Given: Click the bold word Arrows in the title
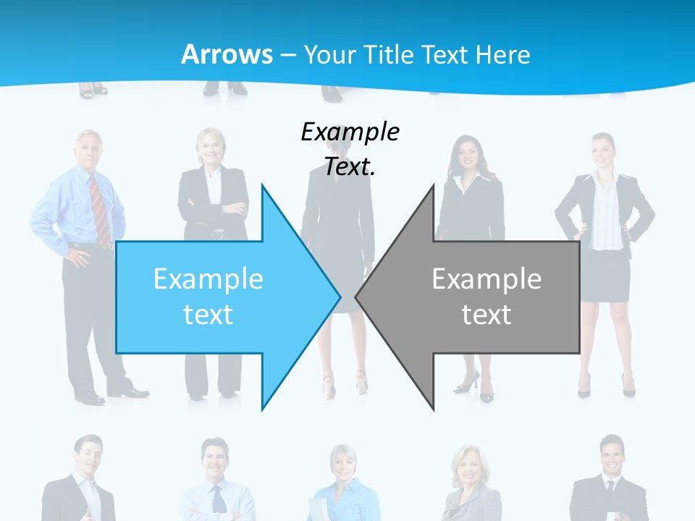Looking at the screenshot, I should [227, 54].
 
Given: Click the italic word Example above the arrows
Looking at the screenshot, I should [350, 132].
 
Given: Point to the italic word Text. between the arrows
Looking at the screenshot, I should [350, 167].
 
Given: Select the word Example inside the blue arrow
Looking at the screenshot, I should [208, 279].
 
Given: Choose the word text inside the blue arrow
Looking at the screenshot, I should [208, 315].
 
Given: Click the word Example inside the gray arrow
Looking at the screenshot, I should [486, 279].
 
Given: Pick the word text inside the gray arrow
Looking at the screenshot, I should [486, 315].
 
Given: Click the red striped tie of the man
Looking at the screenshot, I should [99, 210].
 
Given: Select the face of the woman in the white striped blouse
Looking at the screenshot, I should [603, 151].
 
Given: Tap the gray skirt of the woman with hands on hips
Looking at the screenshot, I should [605, 275].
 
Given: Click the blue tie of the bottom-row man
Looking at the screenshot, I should [218, 499].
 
